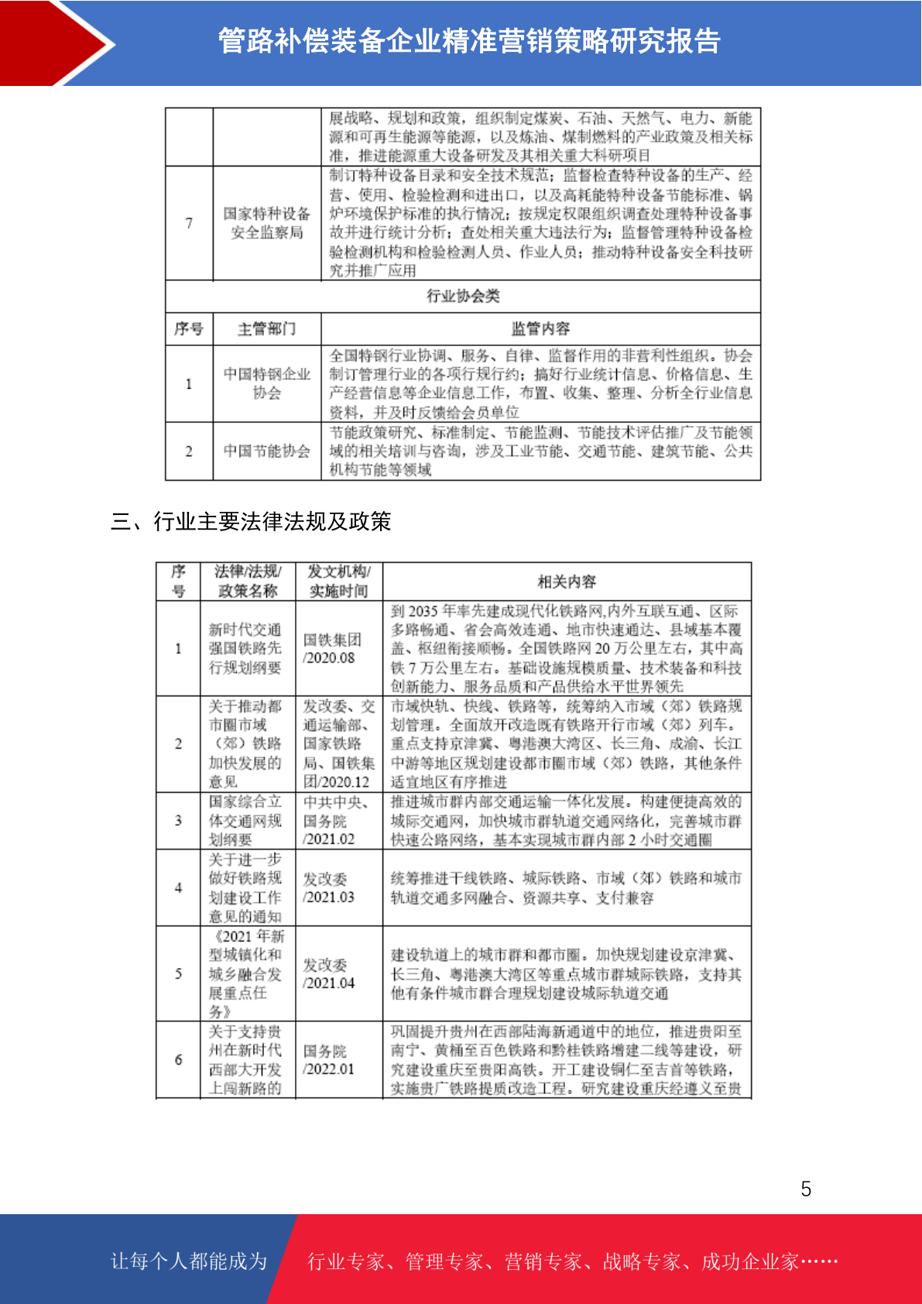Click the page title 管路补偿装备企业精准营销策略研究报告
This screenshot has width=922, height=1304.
tap(469, 41)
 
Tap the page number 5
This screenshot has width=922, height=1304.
tap(806, 1189)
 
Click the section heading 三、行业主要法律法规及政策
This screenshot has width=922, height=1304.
tap(251, 521)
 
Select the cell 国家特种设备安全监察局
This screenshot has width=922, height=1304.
tap(267, 223)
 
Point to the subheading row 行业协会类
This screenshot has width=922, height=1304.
tap(463, 296)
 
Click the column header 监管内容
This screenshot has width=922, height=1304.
tap(540, 329)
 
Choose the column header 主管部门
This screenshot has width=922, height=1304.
tap(267, 329)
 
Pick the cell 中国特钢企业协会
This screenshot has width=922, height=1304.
tap(267, 383)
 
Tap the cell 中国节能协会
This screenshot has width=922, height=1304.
tap(267, 451)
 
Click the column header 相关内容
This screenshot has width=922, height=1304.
tap(567, 582)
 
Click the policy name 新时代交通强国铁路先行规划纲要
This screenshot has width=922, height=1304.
tap(245, 649)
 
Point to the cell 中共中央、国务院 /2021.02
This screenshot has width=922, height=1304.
tap(336, 821)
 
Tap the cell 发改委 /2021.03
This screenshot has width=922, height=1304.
tap(328, 888)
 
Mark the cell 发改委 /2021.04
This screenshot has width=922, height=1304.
tap(328, 974)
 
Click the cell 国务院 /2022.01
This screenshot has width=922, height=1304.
tap(328, 1060)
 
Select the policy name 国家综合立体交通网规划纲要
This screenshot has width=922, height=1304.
tap(245, 821)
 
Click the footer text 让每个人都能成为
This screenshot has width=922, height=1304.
tap(189, 1261)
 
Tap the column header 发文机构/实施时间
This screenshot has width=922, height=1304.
tap(338, 582)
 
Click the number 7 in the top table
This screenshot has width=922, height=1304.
tap(189, 223)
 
